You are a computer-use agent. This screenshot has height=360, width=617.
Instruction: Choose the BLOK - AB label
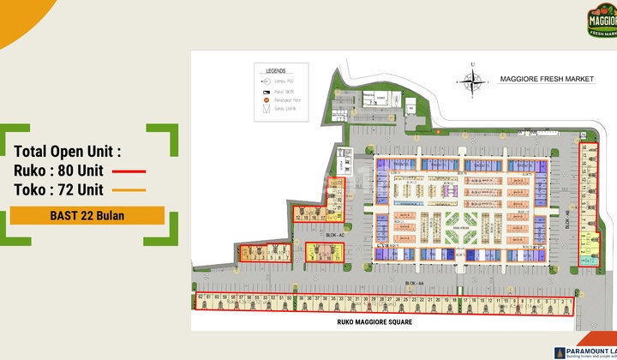(x=566, y=220)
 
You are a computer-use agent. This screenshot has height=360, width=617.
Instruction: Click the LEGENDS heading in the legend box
(x=276, y=71)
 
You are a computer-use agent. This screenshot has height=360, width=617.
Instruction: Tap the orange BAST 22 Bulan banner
(x=87, y=215)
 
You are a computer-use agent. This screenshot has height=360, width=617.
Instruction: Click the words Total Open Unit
(x=69, y=151)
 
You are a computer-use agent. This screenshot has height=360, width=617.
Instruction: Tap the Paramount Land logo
(x=586, y=351)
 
